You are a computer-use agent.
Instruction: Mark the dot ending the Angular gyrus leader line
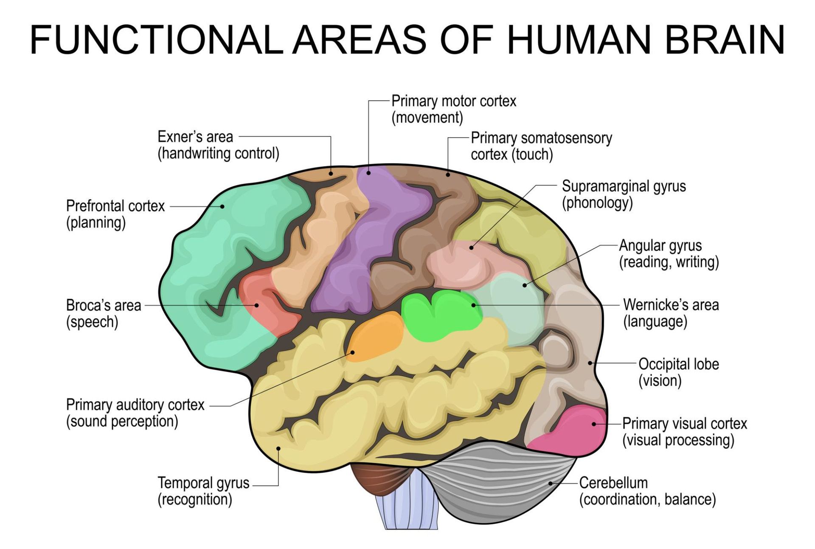(525, 285)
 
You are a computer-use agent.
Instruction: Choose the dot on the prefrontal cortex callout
(222, 206)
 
